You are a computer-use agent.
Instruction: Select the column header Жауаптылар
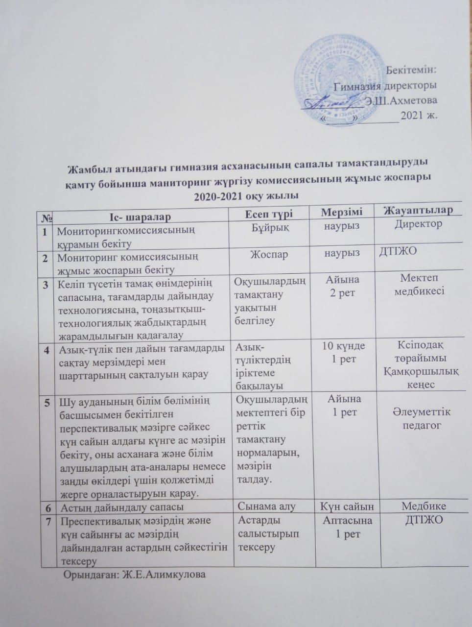tap(418, 211)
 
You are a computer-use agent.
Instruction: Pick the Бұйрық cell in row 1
tap(270, 228)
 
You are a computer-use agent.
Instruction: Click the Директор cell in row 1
tap(418, 224)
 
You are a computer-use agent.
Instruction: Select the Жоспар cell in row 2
tap(269, 255)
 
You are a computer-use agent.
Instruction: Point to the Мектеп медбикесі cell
tap(419, 285)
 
